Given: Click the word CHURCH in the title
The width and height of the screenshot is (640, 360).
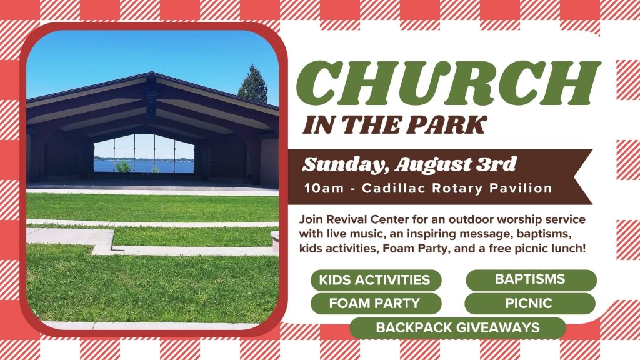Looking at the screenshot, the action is (x=448, y=83).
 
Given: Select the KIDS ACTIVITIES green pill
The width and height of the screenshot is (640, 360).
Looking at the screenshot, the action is (x=376, y=280).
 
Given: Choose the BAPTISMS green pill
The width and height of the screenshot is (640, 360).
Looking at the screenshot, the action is (x=531, y=279).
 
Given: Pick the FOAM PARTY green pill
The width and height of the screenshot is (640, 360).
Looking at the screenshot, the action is (x=376, y=304).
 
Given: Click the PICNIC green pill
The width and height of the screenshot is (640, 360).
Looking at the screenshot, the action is (x=530, y=304).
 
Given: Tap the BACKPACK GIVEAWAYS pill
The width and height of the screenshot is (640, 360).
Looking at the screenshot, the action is (x=458, y=327).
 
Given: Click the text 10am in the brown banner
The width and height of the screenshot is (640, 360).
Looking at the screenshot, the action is (x=324, y=189).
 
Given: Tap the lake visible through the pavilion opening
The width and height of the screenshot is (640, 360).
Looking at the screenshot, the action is (x=144, y=166).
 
